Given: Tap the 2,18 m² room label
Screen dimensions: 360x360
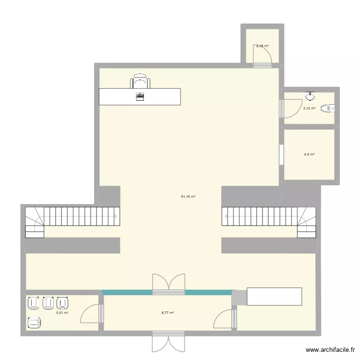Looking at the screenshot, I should click(x=262, y=46).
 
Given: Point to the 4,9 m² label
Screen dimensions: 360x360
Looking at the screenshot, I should click(x=309, y=155).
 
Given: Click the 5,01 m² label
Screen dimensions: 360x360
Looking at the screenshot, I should click(x=62, y=313).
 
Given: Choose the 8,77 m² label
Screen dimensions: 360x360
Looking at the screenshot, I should click(x=168, y=313).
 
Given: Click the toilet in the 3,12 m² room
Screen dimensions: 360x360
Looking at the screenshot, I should click(x=328, y=108).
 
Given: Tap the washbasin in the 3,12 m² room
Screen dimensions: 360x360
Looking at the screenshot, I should click(x=310, y=96).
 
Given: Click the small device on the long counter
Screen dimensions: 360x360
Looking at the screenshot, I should click(x=140, y=96).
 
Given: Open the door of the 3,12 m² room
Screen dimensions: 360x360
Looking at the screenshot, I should click(x=290, y=108).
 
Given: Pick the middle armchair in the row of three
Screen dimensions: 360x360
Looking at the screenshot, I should click(x=48, y=303).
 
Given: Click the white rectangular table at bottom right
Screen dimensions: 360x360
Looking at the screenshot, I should click(x=274, y=296).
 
